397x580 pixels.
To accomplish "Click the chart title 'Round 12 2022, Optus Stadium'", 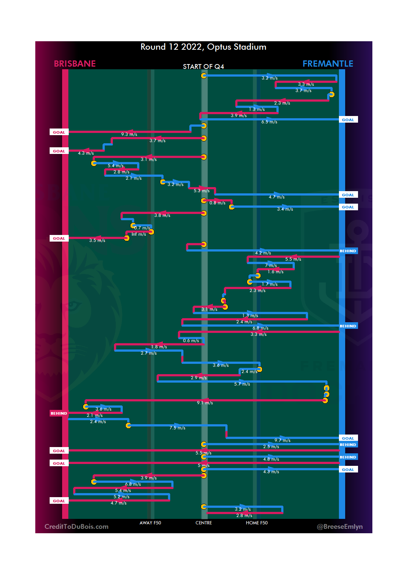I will coord(203,47).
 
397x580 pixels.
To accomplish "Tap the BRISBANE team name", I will coord(75,64).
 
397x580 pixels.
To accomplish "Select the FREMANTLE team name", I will coord(328,64).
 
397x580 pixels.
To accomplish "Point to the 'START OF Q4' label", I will coord(203,67).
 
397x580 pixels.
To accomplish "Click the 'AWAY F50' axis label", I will coord(150,523).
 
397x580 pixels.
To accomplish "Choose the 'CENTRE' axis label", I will coord(204,523).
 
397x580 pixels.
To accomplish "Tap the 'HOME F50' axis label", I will coord(257,523).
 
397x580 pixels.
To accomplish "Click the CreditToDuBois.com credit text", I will coord(76,527).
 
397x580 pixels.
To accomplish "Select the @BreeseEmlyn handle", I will coord(340,527).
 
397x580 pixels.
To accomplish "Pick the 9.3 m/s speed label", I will coord(129,134).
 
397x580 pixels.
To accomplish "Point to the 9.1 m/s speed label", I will coord(205,403).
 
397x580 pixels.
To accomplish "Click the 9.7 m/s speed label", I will coord(282,440).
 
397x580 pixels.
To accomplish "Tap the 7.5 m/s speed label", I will coord(177,428).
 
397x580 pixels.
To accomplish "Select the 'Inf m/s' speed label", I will coord(139,234).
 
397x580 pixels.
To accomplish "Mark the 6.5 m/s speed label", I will coord(269,122).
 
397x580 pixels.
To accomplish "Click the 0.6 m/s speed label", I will coord(191,341).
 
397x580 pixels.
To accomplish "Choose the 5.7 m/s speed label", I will coord(242,384).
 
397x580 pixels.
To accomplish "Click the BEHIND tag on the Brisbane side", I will coord(59,414).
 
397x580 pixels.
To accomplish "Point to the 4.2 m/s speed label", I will coord(263,253).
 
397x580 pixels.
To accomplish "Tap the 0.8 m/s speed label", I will coord(217,203).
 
